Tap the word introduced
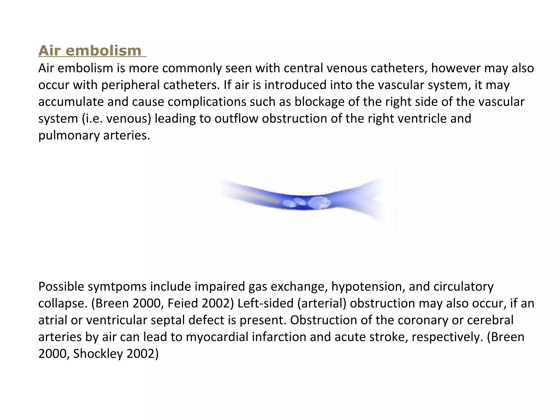pyautogui.click(x=295, y=85)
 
